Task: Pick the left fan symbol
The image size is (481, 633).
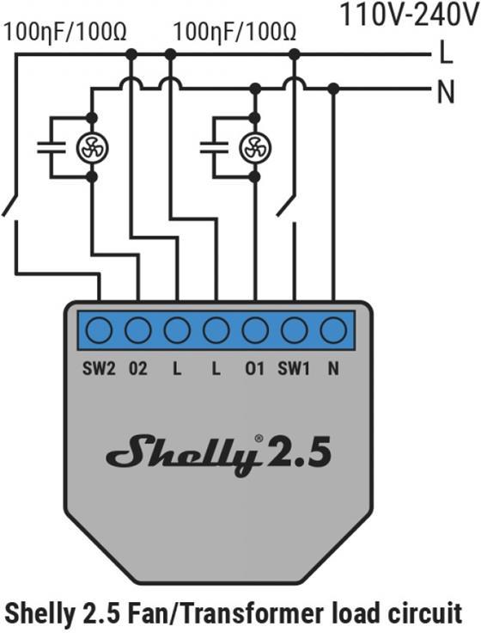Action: coord(90,147)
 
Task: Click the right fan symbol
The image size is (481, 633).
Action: coord(254,147)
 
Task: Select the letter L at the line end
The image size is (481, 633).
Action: coord(445,54)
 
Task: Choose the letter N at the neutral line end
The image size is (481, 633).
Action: coord(446,91)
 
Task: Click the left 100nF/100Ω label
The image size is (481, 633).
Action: coord(66,32)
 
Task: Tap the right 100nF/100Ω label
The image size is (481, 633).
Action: coord(234,32)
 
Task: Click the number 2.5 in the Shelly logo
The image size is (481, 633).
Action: coord(300,454)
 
